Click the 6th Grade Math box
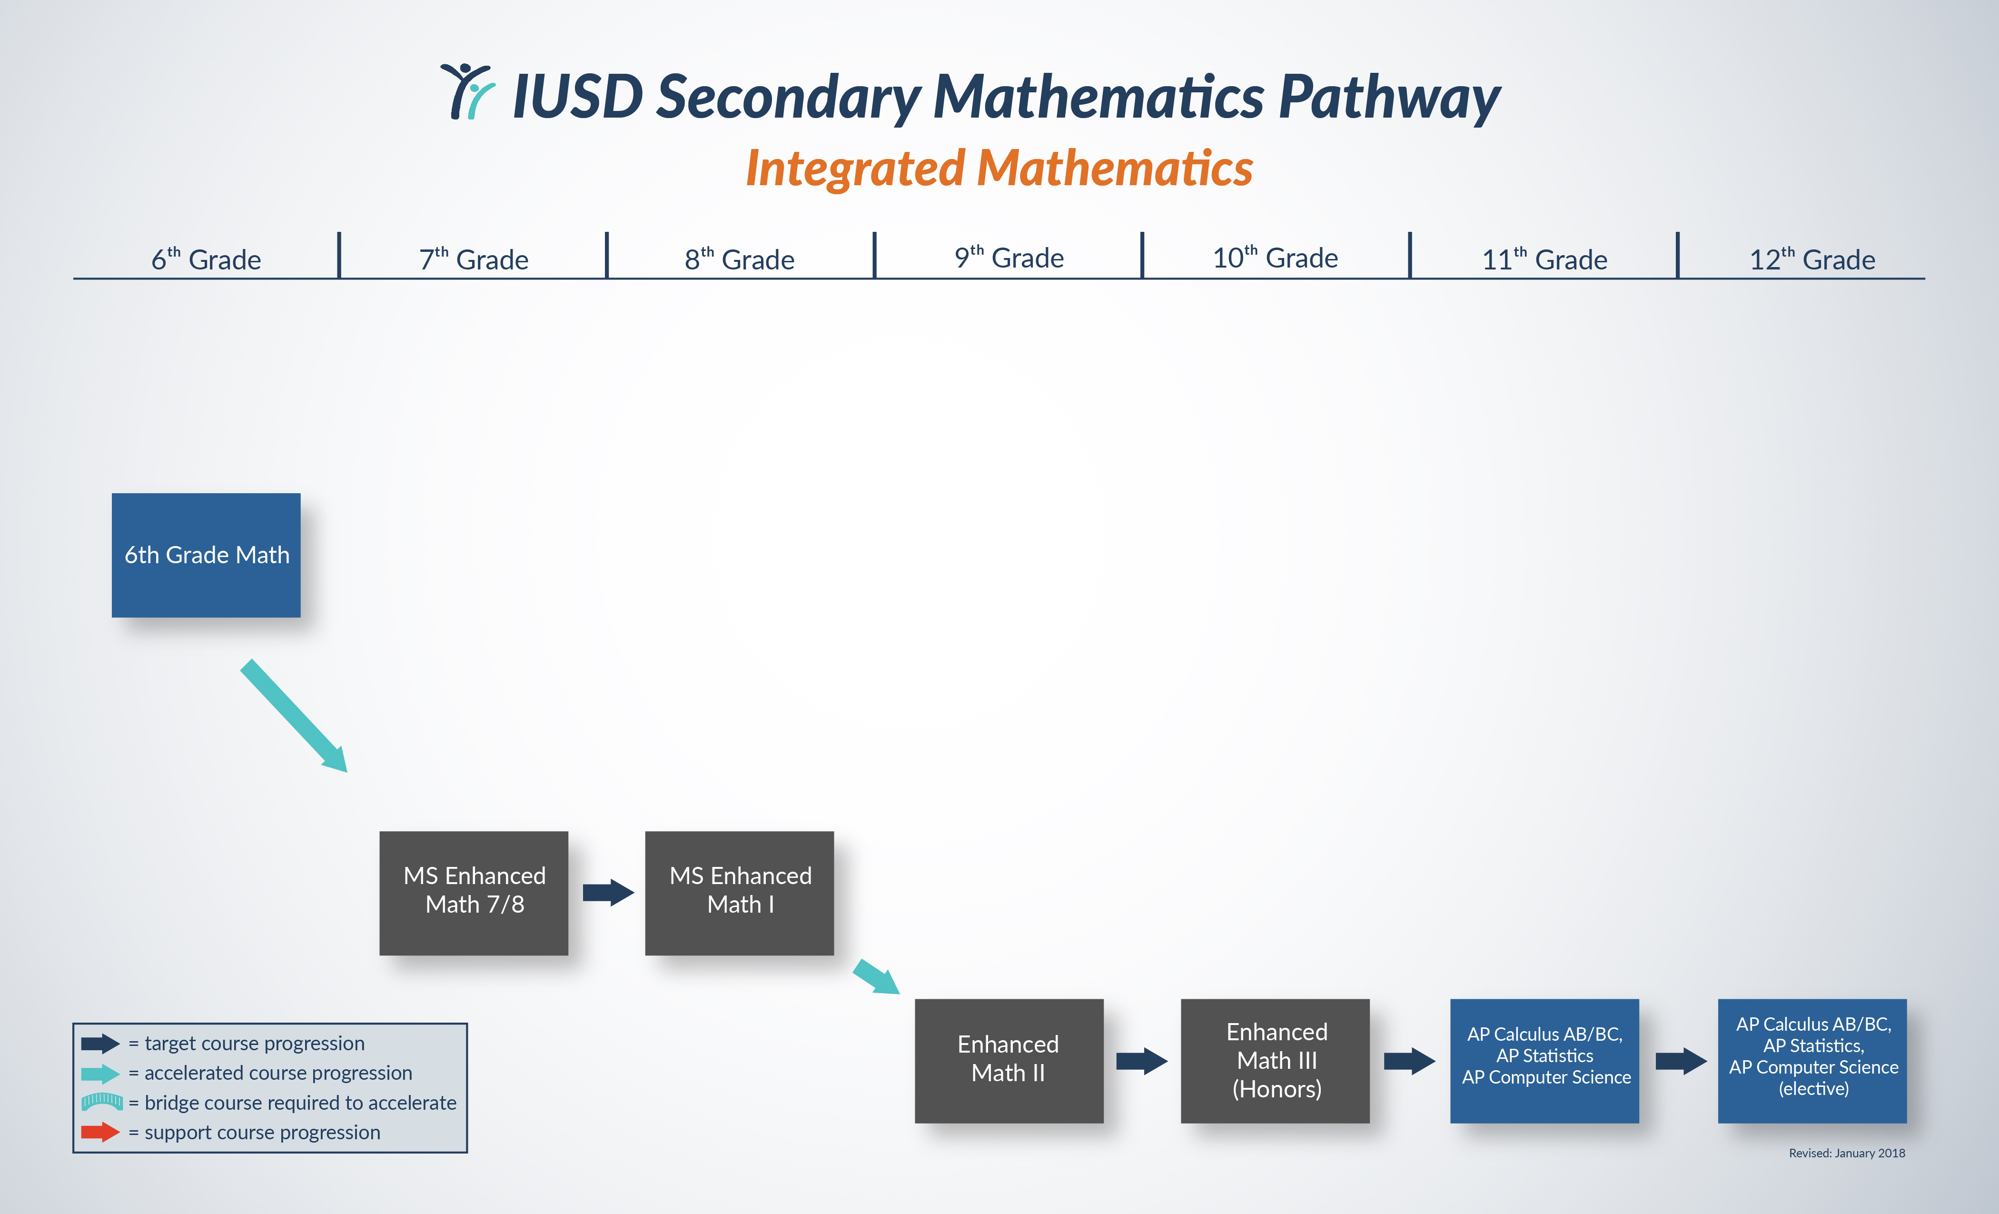pyautogui.click(x=206, y=555)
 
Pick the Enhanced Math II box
pyautogui.click(x=1009, y=1061)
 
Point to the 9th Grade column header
pyautogui.click(x=1009, y=258)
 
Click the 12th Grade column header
pyautogui.click(x=1811, y=259)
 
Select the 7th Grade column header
pyautogui.click(x=474, y=259)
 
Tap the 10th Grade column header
pyautogui.click(x=1275, y=258)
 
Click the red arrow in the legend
pyautogui.click(x=100, y=1132)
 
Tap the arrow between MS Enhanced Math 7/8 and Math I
pyautogui.click(x=608, y=893)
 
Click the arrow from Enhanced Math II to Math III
pyautogui.click(x=1141, y=1061)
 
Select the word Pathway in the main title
pyautogui.click(x=1389, y=98)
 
